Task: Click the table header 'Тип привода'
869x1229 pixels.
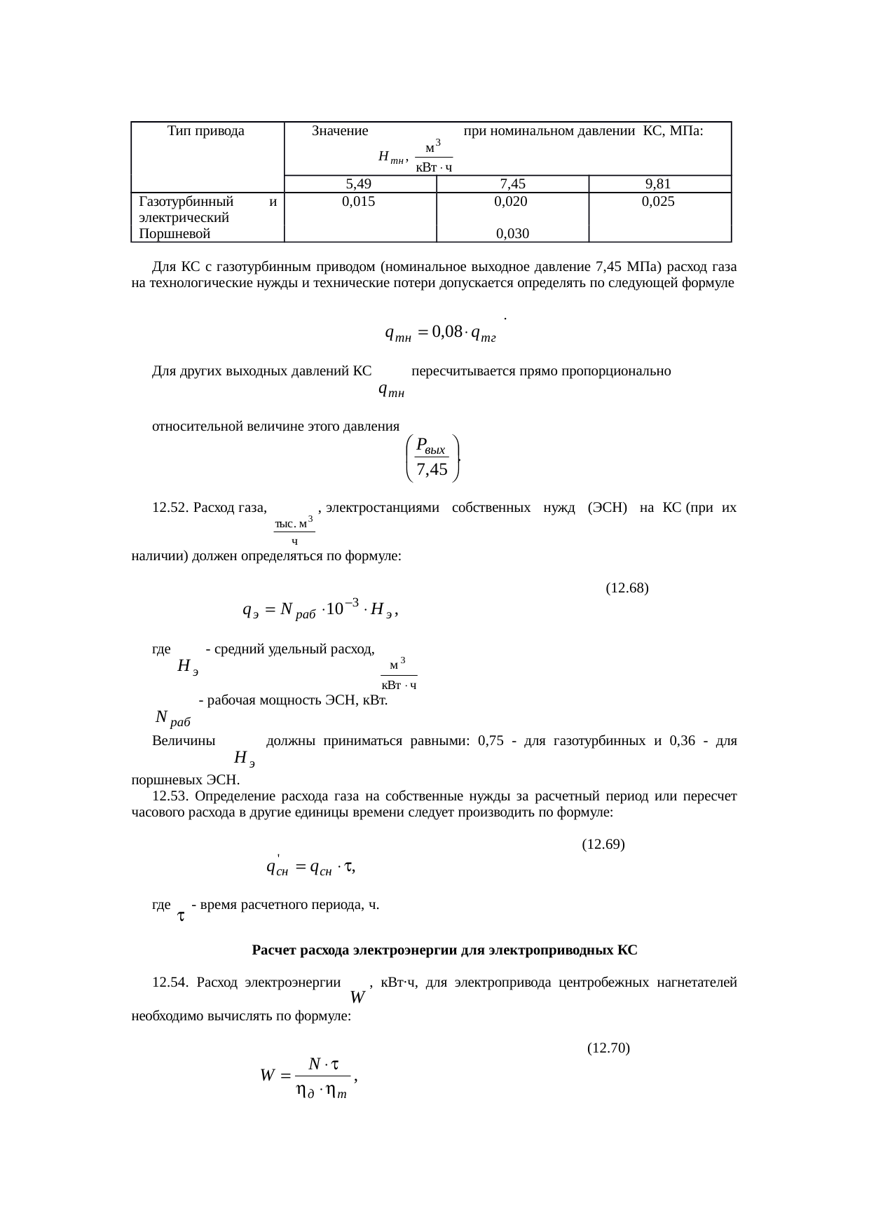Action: click(206, 131)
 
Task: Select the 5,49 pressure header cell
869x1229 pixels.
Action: click(358, 184)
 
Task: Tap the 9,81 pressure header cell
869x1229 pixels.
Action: click(659, 184)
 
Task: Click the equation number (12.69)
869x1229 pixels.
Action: click(603, 844)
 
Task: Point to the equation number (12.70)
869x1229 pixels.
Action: click(608, 1048)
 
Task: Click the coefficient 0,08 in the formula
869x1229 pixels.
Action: click(446, 333)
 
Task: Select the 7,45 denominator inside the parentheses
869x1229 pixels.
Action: click(432, 470)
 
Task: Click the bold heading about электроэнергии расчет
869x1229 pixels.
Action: click(444, 950)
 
